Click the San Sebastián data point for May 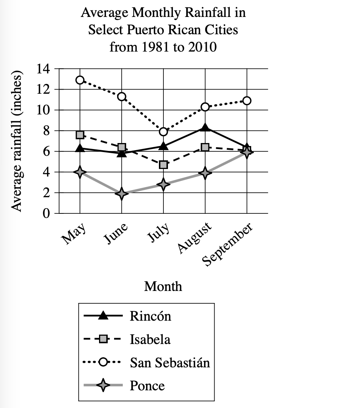tap(80, 80)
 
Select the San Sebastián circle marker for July tap(163, 132)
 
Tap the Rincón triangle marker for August tap(205, 128)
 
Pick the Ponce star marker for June tap(122, 194)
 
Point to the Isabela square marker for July tap(163, 165)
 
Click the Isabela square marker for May tap(80, 135)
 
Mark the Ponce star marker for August tap(205, 173)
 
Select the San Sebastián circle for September tap(247, 101)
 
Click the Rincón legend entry tap(150, 316)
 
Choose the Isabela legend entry tap(150, 339)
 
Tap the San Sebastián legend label tap(170, 362)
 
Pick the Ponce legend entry tap(147, 385)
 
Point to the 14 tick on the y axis tap(43, 69)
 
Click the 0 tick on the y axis tap(46, 214)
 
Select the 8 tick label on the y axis tap(46, 131)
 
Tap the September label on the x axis tap(227, 244)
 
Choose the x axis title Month tap(163, 286)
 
